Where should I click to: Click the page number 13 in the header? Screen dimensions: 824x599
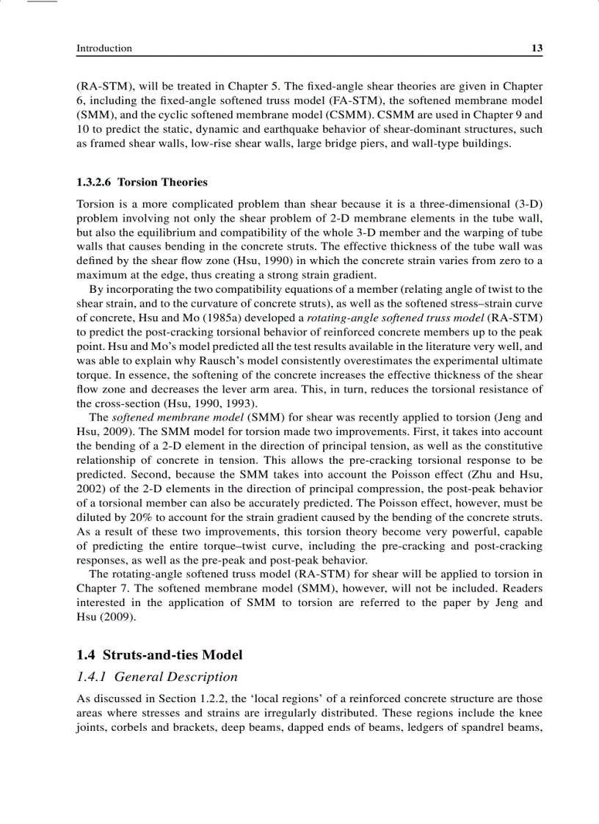coord(537,48)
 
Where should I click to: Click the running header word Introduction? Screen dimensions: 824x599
coord(104,48)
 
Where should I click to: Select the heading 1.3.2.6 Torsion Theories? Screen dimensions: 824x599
coord(142,182)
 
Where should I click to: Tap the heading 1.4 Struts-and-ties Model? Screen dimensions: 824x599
coord(159,655)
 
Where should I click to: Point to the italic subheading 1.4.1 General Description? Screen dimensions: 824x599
coord(157,677)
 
